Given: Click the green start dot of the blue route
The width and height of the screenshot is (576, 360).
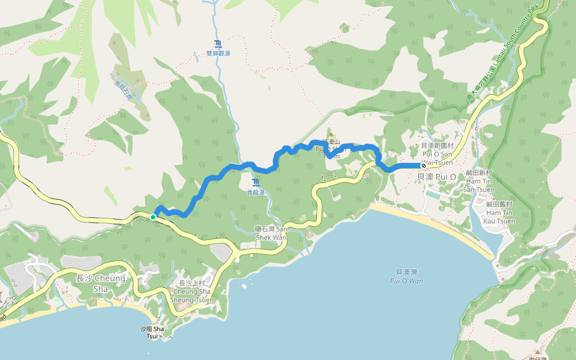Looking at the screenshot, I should tap(154, 217).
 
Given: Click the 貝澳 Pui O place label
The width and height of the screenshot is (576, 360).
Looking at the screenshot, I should tap(437, 176).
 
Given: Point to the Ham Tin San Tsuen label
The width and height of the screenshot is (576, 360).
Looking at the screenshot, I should tap(479, 181).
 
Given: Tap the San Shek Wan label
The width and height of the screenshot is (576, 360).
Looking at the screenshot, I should tap(271, 233).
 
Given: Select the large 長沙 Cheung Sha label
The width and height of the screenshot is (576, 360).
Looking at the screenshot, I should tap(101, 283).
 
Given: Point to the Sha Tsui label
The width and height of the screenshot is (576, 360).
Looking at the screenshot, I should tap(152, 332).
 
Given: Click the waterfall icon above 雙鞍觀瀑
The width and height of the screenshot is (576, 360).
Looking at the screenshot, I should tap(217, 44).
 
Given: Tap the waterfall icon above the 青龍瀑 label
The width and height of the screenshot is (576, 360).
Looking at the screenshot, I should tap(256, 182).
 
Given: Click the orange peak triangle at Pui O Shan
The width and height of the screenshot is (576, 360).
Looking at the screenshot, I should tap(329, 135).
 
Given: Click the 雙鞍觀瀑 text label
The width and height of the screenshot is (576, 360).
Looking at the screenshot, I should tap(218, 53).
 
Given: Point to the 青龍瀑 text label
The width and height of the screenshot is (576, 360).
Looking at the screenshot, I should tap(256, 193).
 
